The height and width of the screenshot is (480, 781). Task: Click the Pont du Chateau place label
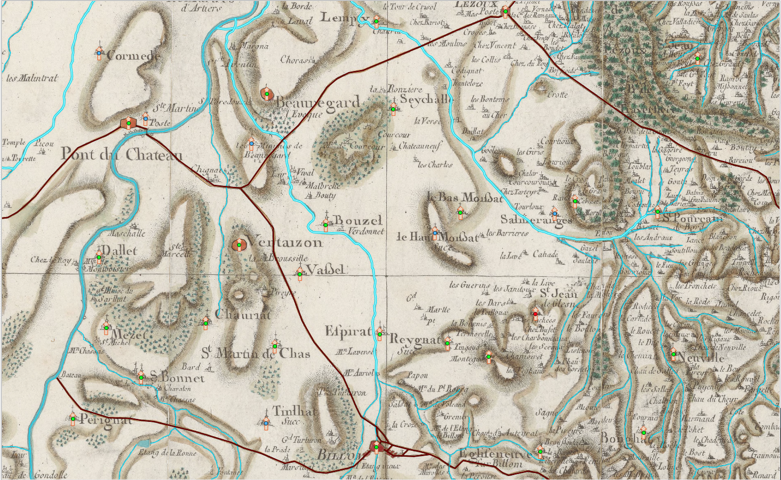click(121, 155)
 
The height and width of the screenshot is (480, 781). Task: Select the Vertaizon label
click(285, 242)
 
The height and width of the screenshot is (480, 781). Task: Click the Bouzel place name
click(358, 220)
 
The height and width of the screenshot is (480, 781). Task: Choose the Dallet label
click(119, 250)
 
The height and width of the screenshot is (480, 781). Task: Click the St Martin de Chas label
click(256, 353)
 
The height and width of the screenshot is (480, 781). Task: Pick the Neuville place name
click(700, 358)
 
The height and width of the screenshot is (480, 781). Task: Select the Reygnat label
click(415, 340)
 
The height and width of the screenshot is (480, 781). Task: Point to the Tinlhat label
click(295, 411)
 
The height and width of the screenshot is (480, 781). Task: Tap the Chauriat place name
click(243, 314)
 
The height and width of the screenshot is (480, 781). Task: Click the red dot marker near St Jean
click(535, 314)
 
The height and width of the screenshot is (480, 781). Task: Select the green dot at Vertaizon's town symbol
click(239, 244)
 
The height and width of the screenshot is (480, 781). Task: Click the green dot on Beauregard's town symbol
click(267, 93)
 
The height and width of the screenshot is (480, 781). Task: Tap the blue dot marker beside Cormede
click(99, 53)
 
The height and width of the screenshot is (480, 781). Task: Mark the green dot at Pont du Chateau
click(129, 123)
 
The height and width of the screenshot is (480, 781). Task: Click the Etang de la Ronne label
click(168, 452)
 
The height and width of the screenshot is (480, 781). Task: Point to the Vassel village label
click(325, 270)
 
